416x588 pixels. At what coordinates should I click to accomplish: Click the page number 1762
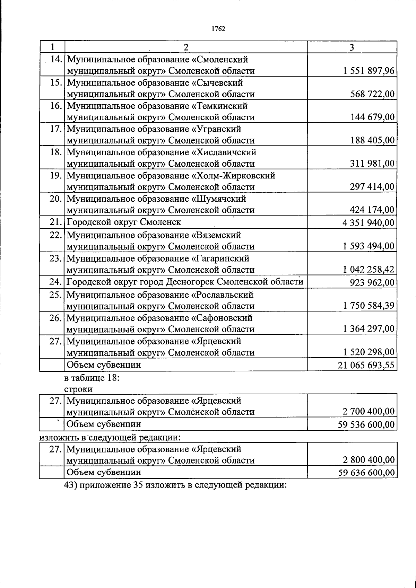point(218,29)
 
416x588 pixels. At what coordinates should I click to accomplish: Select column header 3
point(352,47)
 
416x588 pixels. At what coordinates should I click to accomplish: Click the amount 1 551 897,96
point(369,71)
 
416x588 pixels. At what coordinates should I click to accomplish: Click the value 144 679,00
point(372,117)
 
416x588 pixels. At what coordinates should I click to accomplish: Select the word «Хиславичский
point(224,152)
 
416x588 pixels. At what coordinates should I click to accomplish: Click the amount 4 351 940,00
point(368,223)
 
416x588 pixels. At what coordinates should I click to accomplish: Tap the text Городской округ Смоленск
point(124,222)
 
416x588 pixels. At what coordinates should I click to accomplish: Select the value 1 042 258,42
point(369,270)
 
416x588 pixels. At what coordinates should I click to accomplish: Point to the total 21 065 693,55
point(366,365)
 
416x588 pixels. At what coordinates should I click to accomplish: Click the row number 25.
point(55,295)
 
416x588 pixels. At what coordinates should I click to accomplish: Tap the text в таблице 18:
point(92,378)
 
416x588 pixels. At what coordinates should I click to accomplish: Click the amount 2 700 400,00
point(369,412)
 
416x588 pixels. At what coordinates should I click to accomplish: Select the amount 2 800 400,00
point(369,460)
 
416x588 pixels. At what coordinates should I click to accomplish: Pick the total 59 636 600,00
point(366,472)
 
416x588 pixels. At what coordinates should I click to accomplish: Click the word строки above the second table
point(78,389)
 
